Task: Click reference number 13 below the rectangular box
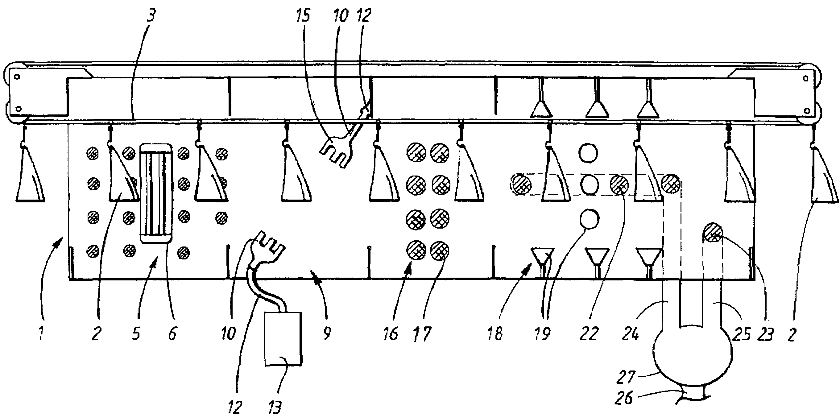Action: tap(275, 407)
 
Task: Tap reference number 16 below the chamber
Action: tap(391, 333)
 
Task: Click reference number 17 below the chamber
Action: tap(422, 333)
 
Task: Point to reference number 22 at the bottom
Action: tap(589, 333)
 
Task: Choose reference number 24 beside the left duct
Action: tap(631, 333)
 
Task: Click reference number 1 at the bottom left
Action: tap(41, 333)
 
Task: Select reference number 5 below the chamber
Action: tap(136, 333)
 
